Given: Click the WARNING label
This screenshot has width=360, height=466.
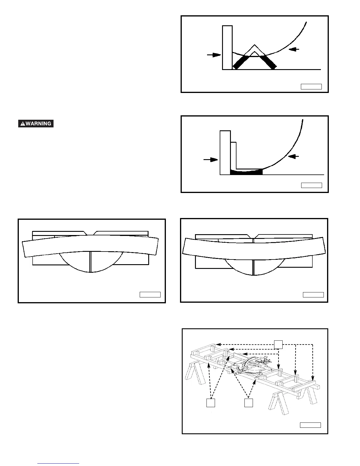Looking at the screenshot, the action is click(36, 124).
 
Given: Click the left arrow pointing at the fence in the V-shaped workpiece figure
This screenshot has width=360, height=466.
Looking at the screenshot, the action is click(214, 55).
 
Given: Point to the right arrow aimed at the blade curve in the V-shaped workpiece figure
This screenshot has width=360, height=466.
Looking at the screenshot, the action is click(294, 49).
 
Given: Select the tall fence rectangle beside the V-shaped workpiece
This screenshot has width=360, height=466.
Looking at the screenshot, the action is click(227, 48).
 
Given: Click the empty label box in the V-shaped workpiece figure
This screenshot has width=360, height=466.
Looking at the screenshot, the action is click(311, 86).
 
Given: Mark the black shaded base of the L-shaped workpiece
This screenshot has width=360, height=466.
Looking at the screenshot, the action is click(246, 172).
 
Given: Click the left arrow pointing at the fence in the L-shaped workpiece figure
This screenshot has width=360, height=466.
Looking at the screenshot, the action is click(211, 160).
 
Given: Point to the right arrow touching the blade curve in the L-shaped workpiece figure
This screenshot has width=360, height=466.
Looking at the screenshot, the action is click(294, 157).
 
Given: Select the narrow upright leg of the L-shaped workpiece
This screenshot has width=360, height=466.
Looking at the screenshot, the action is click(234, 156).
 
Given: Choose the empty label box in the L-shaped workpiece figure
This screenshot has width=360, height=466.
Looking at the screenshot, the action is click(311, 185).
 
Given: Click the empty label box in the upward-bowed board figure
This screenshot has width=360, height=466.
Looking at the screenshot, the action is click(150, 294).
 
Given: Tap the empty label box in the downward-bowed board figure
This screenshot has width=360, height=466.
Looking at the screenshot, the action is click(313, 294).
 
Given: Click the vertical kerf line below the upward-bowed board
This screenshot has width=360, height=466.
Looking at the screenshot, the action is click(91, 262).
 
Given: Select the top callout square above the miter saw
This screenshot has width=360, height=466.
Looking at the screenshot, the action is click(278, 344).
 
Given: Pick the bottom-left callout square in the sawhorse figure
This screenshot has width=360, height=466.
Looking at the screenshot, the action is click(210, 403).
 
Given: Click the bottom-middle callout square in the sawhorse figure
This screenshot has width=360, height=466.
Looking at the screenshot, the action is click(249, 403).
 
